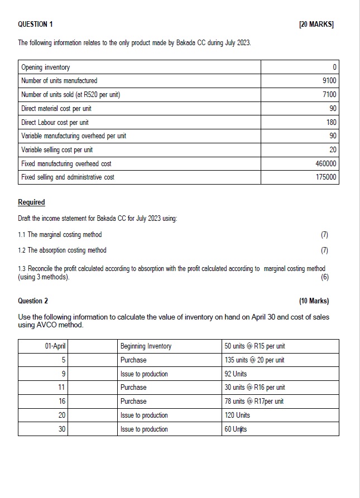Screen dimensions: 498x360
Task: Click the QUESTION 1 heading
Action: [x=36, y=25]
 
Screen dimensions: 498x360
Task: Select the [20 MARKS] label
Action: [x=316, y=25]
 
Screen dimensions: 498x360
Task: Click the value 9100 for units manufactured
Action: [x=329, y=81]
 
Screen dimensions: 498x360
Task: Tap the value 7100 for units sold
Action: [x=329, y=95]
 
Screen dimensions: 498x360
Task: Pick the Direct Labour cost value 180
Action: [x=331, y=122]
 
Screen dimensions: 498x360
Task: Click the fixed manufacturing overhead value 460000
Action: [x=325, y=164]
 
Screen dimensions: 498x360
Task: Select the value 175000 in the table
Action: [x=325, y=177]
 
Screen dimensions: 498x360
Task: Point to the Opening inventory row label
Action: [x=46, y=67]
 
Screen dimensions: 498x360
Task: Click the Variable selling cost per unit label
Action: [x=57, y=150]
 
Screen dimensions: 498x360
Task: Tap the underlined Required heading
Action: [x=31, y=202]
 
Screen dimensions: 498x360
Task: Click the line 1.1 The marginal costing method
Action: [x=60, y=235]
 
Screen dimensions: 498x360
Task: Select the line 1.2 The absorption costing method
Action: [x=62, y=250]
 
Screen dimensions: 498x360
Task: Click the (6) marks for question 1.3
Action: [x=325, y=277]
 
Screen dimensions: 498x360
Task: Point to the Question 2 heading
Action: [x=33, y=301]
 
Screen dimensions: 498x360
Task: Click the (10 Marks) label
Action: [x=314, y=301]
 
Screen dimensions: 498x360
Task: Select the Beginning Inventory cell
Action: [x=146, y=346]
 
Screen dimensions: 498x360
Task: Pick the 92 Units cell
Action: [x=236, y=374]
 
